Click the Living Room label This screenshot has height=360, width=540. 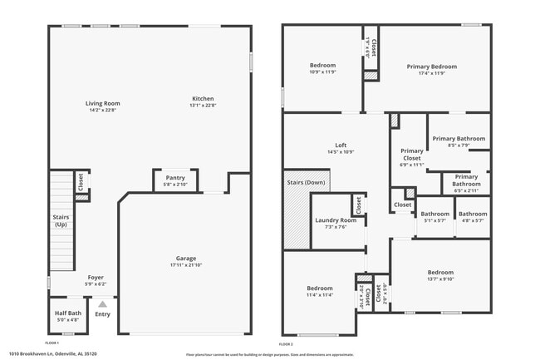coord(102,104)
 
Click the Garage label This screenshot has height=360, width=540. coord(185,259)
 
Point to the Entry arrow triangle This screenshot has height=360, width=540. coord(102,304)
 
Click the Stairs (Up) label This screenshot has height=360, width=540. coord(61,220)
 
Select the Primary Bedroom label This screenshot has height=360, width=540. coord(431,67)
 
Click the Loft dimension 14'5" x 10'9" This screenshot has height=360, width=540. coord(341,152)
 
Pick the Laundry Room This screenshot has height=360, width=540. coord(336,220)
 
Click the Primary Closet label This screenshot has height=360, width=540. coord(412,155)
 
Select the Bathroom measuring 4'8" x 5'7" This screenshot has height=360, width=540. coord(473,217)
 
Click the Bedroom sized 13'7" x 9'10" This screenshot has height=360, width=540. coord(440,275)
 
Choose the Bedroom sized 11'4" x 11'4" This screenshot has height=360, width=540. coord(319,291)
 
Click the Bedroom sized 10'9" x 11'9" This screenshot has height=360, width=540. coord(322,68)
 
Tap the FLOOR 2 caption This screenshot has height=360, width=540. coord(287,343)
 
